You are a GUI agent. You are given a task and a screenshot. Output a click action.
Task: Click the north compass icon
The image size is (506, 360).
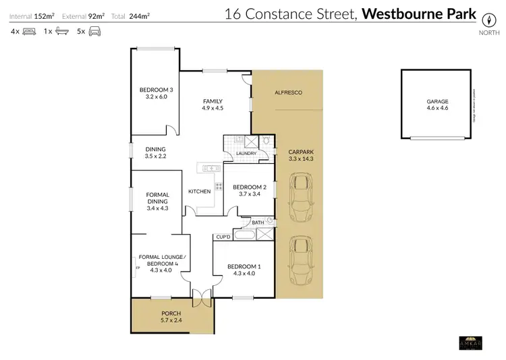click(x=485, y=20)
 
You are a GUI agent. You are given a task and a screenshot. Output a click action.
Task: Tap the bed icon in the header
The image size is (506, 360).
click(x=29, y=32)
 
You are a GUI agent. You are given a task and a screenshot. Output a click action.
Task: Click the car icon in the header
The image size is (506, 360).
click(x=95, y=32)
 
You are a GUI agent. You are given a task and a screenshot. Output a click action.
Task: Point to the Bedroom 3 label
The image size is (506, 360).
click(x=157, y=90)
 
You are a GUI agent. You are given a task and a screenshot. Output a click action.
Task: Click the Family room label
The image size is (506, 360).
click(x=213, y=102)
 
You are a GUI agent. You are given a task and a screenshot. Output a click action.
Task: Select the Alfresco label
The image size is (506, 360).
click(x=287, y=92)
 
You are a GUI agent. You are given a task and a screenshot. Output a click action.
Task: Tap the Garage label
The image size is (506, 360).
click(x=437, y=102)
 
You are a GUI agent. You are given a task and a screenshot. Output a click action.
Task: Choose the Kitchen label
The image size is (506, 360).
click(x=199, y=191)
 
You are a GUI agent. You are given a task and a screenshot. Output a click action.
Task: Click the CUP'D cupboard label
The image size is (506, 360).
click(x=223, y=237)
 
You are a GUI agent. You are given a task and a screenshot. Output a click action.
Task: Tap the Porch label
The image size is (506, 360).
click(x=171, y=314)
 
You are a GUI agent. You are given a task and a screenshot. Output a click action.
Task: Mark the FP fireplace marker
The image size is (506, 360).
click(x=138, y=268)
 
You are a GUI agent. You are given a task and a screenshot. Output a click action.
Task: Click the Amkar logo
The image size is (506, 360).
click(x=469, y=342)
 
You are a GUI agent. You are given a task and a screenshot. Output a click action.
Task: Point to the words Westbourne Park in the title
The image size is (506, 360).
click(x=419, y=14)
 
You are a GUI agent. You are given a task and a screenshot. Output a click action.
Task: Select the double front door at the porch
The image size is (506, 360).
click(x=200, y=297)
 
